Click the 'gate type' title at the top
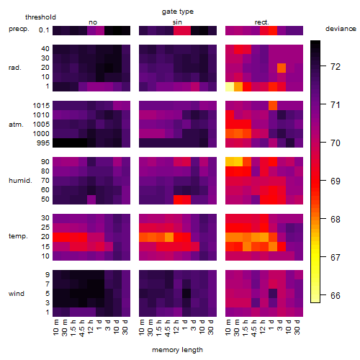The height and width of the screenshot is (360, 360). pyautogui.click(x=178, y=12)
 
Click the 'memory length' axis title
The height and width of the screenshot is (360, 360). pyautogui.click(x=177, y=350)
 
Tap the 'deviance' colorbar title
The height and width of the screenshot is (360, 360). pyautogui.click(x=341, y=29)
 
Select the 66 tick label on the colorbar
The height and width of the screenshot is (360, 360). pyautogui.click(x=336, y=295)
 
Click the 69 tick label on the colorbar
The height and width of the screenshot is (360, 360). pyautogui.click(x=336, y=181)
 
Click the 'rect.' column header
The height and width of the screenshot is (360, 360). pyautogui.click(x=262, y=22)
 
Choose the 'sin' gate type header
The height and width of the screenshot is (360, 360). pyautogui.click(x=177, y=22)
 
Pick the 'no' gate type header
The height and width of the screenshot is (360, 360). pyautogui.click(x=93, y=22)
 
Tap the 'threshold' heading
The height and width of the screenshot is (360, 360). pyautogui.click(x=40, y=17)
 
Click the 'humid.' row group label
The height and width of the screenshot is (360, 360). pyautogui.click(x=20, y=181)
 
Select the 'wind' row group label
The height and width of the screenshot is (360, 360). pyautogui.click(x=17, y=294)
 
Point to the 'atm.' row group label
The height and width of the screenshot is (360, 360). pyautogui.click(x=16, y=125)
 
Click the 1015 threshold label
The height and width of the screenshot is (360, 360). pyautogui.click(x=41, y=106)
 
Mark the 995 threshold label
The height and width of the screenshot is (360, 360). pyautogui.click(x=43, y=143)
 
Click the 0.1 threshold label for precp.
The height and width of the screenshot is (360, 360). pyautogui.click(x=44, y=30)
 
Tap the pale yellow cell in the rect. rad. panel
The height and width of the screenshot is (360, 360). pyautogui.click(x=230, y=86)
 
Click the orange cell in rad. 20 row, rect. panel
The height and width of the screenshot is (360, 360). pyautogui.click(x=282, y=68)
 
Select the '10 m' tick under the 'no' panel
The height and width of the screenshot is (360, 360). pyautogui.click(x=56, y=328)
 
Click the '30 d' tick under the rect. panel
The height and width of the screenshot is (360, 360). pyautogui.click(x=297, y=328)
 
